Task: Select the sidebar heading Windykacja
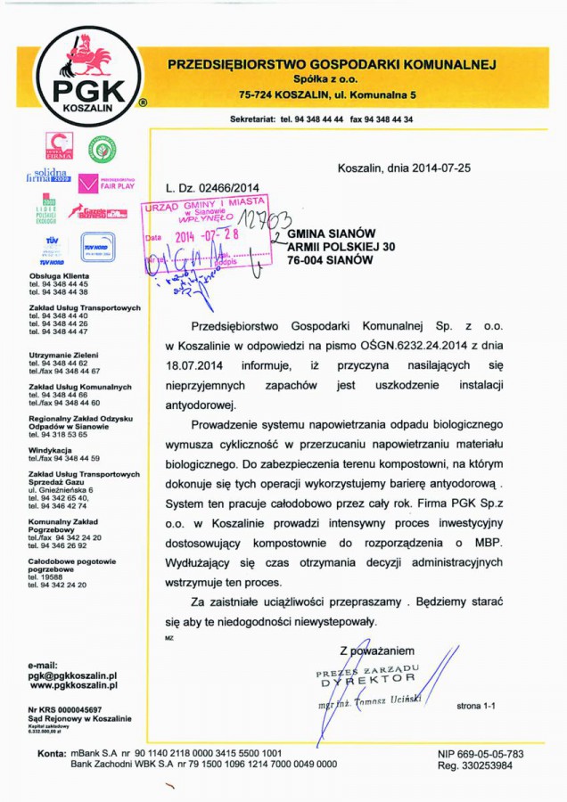(51, 449)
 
